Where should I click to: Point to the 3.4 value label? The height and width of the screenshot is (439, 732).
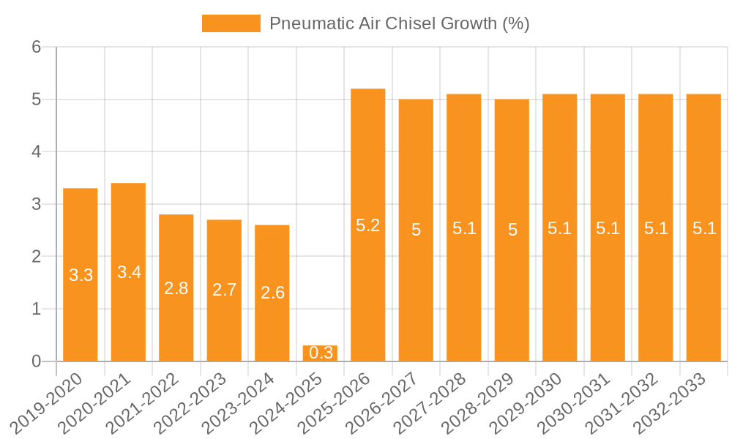pyautogui.click(x=129, y=272)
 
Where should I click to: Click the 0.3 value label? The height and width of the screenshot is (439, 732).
pyautogui.click(x=321, y=353)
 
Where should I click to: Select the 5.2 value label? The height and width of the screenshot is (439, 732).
pyautogui.click(x=368, y=225)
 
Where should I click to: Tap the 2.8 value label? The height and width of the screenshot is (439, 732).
pyautogui.click(x=176, y=288)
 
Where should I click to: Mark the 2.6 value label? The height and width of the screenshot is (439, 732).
pyautogui.click(x=272, y=293)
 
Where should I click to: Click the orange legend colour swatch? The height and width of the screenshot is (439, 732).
pyautogui.click(x=231, y=23)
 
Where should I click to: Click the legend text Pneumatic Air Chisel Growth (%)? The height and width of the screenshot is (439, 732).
pyautogui.click(x=399, y=23)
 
